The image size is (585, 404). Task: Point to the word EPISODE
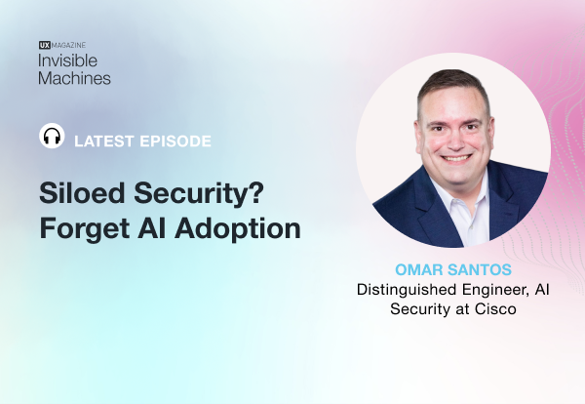click(175, 141)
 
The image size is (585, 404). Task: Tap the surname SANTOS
click(475, 267)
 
